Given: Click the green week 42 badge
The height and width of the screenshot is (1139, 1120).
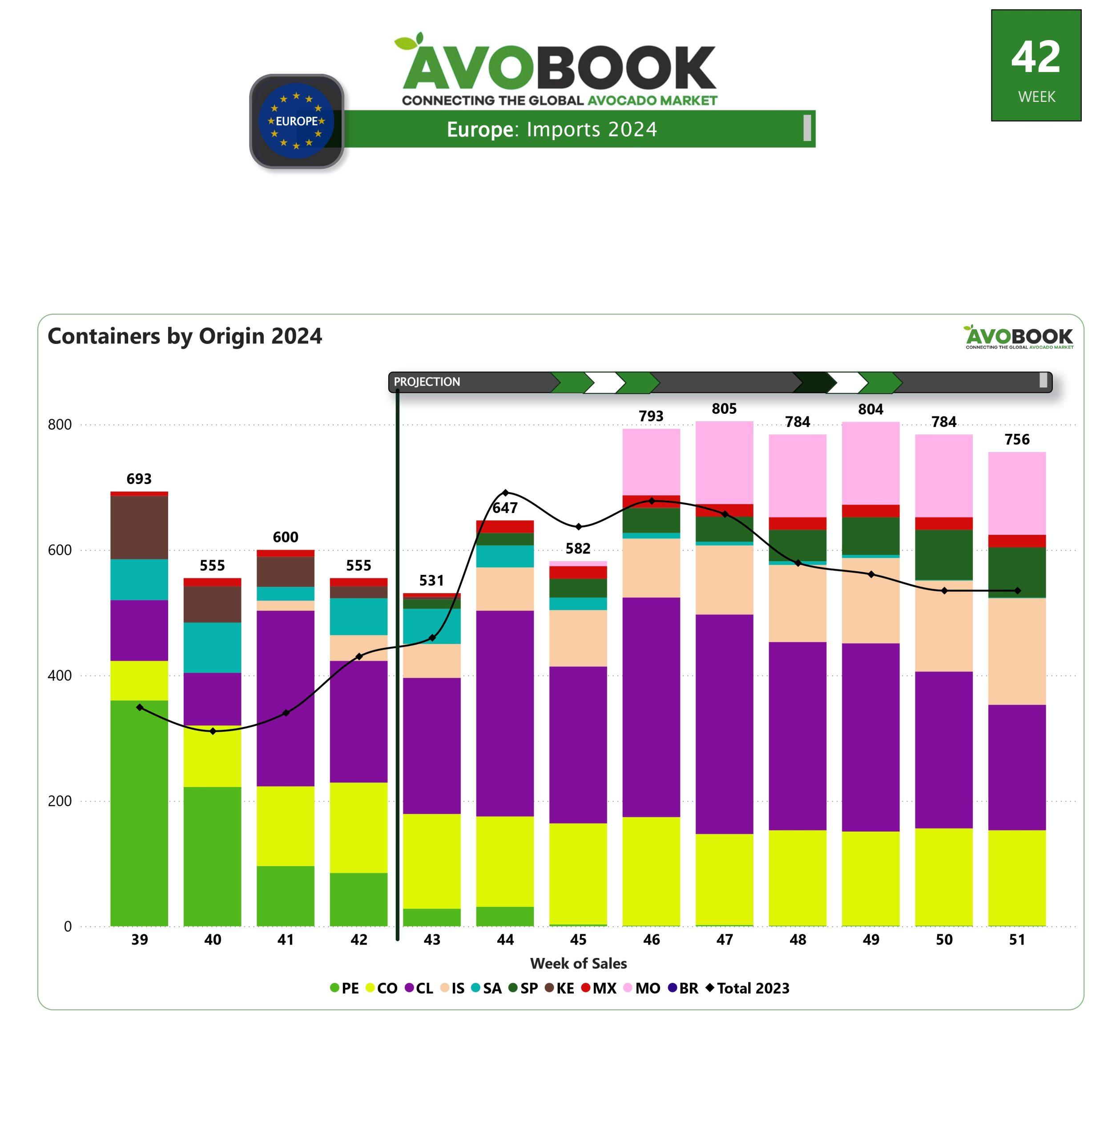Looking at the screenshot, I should coord(1036,65).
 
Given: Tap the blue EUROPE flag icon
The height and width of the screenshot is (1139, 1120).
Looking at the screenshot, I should coord(297,121).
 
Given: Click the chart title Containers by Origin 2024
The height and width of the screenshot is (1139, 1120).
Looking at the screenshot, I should coord(185,336).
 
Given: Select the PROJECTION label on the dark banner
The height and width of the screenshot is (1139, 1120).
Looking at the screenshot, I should coord(427,382).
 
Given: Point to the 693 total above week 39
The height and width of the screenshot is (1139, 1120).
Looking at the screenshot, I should coord(139,479).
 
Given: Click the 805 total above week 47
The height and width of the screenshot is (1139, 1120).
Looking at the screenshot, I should coord(724,409).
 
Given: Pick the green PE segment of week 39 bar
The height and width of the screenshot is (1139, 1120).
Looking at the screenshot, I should coord(139,812).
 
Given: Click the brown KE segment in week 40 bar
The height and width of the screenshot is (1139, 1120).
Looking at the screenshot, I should coord(212,604).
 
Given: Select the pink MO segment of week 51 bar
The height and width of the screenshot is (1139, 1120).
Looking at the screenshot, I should coord(1017,493).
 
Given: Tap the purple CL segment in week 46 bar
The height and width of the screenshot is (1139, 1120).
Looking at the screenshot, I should coord(651,706).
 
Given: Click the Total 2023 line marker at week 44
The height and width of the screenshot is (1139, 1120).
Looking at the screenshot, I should coord(506,493).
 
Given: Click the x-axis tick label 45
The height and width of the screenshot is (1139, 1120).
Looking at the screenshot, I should coord(578,940).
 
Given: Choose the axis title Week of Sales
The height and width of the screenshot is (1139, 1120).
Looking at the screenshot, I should coord(578,964).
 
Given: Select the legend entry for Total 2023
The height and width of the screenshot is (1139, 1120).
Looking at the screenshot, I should coord(748,988).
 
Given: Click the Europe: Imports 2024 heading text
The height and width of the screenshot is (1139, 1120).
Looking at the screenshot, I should coord(552,129).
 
